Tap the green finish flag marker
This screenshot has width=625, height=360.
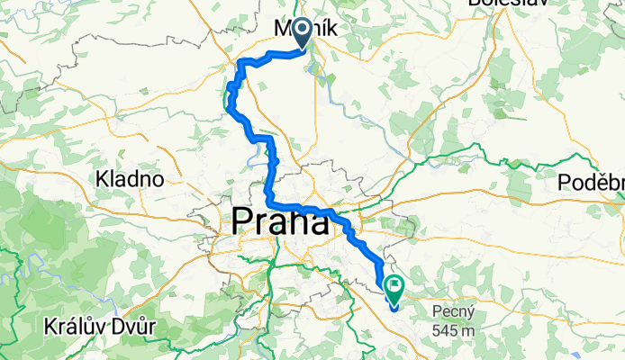[x=394, y=288]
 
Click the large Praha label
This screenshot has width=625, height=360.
[x=280, y=221]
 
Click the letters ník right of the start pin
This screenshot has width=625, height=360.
[x=323, y=30]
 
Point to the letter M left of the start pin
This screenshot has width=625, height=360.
[x=279, y=30]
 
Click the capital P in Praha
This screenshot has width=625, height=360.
[x=243, y=221]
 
